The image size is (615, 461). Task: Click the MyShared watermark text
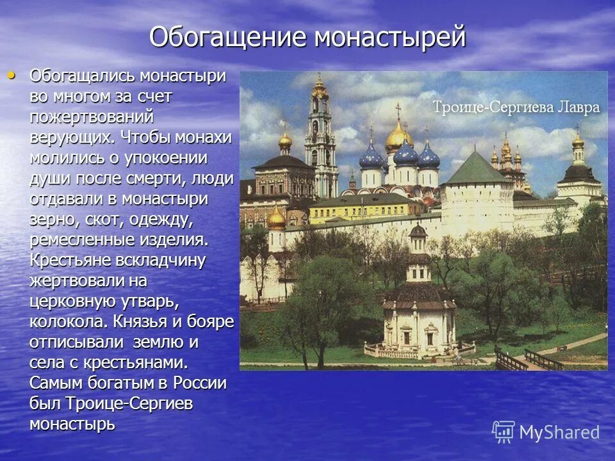click(x=559, y=432)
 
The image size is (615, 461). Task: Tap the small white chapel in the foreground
click(x=419, y=314)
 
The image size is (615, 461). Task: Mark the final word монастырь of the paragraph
click(x=72, y=424)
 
